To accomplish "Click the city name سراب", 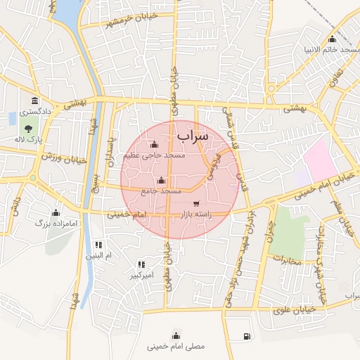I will [193, 134].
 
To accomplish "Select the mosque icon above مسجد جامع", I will [162, 179].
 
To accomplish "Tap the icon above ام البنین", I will [98, 245].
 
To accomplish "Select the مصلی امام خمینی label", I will [175, 346].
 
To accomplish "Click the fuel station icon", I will [247, 336].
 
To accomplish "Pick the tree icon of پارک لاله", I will [27, 129].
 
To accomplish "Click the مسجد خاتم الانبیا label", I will [330, 50].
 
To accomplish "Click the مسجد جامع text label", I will [161, 191].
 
